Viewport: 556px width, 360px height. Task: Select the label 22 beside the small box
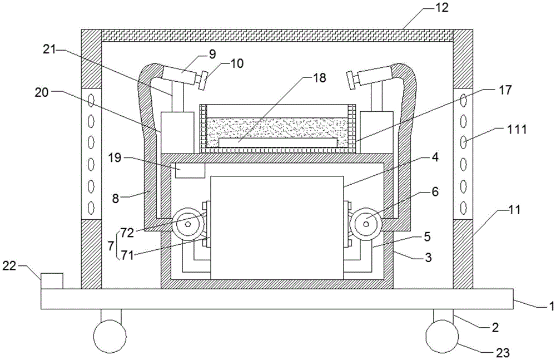click(x=9, y=265)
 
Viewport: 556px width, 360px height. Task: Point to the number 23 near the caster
click(x=502, y=353)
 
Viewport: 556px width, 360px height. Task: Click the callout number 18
click(x=320, y=78)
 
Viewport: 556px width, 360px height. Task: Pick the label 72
click(x=127, y=233)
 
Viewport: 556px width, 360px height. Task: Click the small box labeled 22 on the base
click(x=52, y=281)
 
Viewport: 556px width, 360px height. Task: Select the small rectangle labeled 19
click(x=190, y=170)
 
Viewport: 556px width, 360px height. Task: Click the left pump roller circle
click(x=187, y=224)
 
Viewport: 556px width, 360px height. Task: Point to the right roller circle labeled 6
click(x=366, y=224)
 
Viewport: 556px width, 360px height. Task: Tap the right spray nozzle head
click(x=351, y=80)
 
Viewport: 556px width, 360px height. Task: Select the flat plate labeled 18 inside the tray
click(x=277, y=143)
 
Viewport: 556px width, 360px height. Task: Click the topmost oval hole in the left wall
click(x=92, y=101)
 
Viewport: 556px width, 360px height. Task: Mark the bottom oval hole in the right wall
click(x=464, y=206)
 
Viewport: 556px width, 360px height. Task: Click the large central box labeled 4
click(x=277, y=228)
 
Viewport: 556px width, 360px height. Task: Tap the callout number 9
click(x=212, y=54)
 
